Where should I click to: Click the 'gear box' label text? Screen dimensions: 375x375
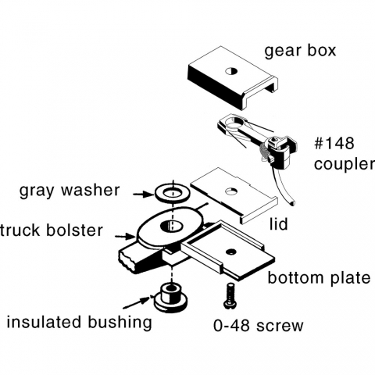pyautogui.click(x=300, y=51)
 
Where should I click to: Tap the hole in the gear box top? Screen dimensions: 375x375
pyautogui.click(x=231, y=71)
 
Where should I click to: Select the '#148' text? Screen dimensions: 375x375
pyautogui.click(x=334, y=143)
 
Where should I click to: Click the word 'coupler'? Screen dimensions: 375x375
pyautogui.click(x=345, y=164)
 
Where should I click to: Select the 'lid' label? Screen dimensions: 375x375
pyautogui.click(x=279, y=224)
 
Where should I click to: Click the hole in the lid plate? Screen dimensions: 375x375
pyautogui.click(x=231, y=191)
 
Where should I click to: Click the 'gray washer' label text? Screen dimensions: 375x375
pyautogui.click(x=70, y=190)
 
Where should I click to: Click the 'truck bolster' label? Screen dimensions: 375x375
pyautogui.click(x=51, y=230)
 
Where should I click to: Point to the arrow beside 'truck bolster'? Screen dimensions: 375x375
pyautogui.click(x=126, y=237)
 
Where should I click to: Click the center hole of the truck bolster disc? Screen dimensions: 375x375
pyautogui.click(x=172, y=226)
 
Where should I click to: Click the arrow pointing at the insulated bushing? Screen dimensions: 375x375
pyautogui.click(x=138, y=303)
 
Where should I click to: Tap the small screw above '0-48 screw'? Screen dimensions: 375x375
pyautogui.click(x=229, y=295)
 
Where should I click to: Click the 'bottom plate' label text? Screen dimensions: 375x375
pyautogui.click(x=319, y=278)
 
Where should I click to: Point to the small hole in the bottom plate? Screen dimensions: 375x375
pyautogui.click(x=230, y=252)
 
